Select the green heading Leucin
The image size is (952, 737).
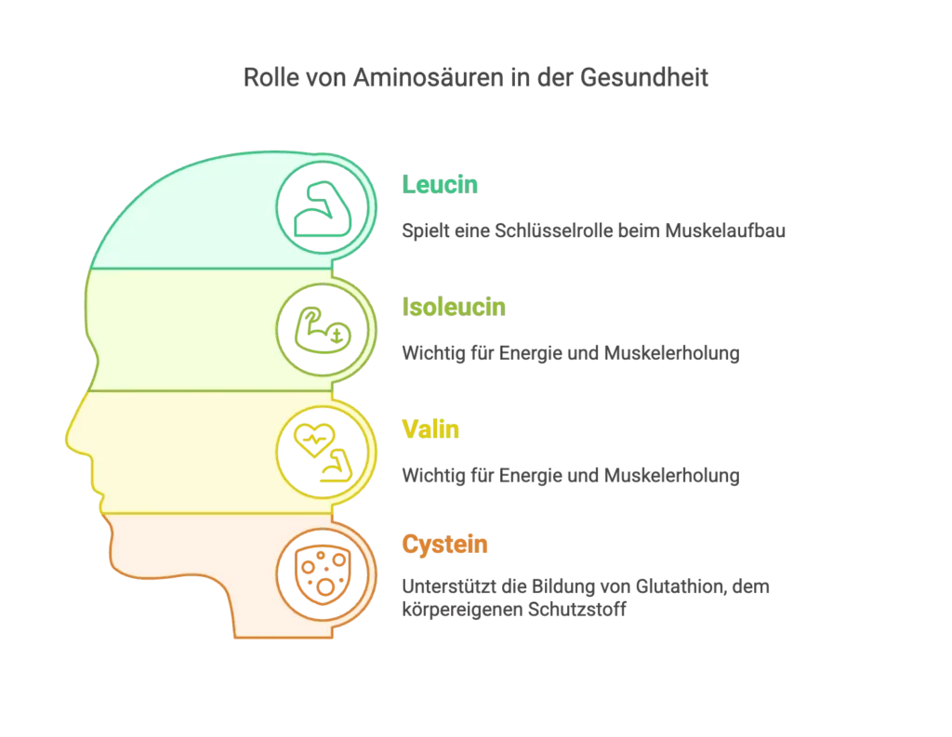pyautogui.click(x=440, y=185)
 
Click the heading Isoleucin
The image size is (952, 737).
pyautogui.click(x=454, y=308)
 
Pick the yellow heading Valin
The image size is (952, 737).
pyautogui.click(x=430, y=429)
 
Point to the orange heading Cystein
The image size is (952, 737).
pyautogui.click(x=444, y=545)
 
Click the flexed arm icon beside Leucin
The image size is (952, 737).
pyautogui.click(x=323, y=208)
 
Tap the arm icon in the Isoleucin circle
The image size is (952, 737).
pyautogui.click(x=323, y=330)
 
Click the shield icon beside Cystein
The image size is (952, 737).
pyautogui.click(x=323, y=574)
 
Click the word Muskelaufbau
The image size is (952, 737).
pyautogui.click(x=725, y=230)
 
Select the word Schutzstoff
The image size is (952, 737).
pyautogui.click(x=576, y=610)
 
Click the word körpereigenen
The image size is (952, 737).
pyautogui.click(x=462, y=610)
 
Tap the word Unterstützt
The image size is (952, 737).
pyautogui.click(x=449, y=586)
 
